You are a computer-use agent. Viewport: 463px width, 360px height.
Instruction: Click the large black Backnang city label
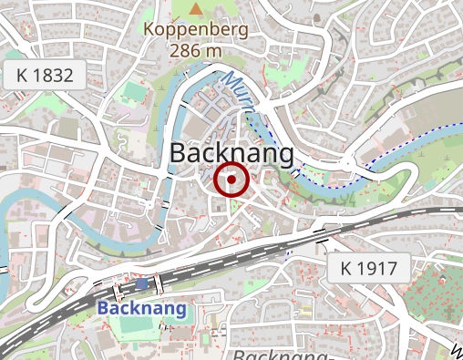[x=231, y=153]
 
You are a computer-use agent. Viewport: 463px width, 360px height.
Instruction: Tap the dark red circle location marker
[x=231, y=180]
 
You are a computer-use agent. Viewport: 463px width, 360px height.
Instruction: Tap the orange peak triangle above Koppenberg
[x=196, y=9]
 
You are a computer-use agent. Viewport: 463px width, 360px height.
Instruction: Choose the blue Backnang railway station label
[x=141, y=308]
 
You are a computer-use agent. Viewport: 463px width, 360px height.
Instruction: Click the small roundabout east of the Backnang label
[x=346, y=165]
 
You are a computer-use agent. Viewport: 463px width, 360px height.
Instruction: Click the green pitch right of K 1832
[x=135, y=92]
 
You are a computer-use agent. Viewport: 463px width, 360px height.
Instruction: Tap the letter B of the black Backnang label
[x=180, y=153]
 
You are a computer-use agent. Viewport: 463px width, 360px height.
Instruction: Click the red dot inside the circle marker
[x=231, y=180]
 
